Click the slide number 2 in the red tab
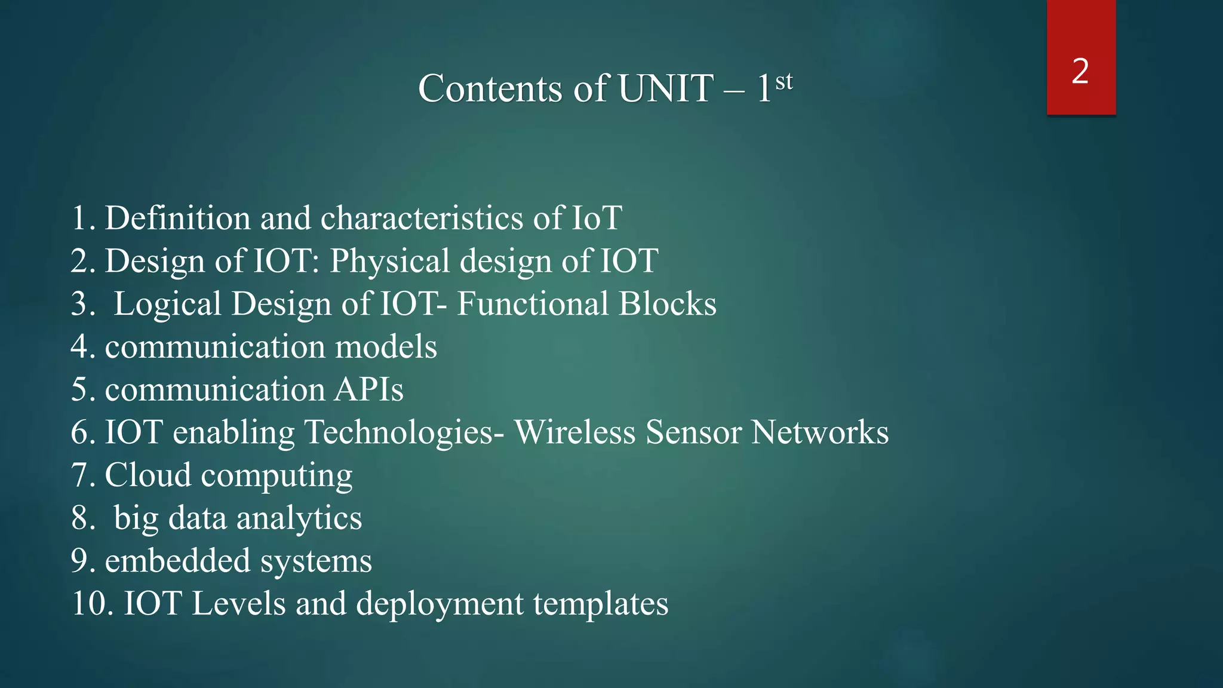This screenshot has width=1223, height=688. click(1080, 71)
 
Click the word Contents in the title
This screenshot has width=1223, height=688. click(490, 89)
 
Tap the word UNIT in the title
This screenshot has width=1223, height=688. click(665, 89)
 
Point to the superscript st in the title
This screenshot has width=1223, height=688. click(783, 81)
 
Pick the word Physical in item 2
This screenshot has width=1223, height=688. click(389, 262)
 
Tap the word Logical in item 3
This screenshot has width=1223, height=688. click(167, 303)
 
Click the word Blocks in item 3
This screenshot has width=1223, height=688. click(667, 303)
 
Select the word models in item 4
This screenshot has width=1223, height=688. click(386, 347)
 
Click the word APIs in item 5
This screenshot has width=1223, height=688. click(368, 389)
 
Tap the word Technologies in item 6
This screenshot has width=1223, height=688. click(404, 433)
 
